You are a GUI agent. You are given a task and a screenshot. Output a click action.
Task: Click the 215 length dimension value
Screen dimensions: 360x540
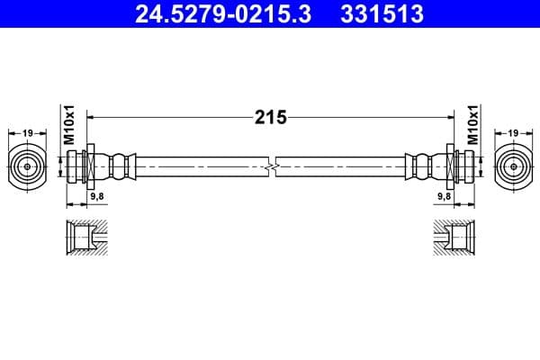click(269, 117)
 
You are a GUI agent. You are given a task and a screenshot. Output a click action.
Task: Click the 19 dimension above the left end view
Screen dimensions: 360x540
click(28, 133)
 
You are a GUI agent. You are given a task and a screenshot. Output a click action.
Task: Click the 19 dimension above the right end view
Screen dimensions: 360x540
click(512, 133)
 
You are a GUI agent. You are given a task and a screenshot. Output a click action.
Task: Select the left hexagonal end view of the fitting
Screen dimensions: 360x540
click(28, 166)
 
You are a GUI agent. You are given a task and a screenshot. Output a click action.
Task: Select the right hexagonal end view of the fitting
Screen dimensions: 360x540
click(512, 166)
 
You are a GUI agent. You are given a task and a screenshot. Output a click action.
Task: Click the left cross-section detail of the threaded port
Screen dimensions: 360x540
click(87, 238)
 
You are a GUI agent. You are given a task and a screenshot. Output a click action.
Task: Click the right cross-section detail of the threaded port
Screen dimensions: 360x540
click(453, 238)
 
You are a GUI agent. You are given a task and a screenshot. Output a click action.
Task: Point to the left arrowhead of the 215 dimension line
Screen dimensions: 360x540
click(94, 117)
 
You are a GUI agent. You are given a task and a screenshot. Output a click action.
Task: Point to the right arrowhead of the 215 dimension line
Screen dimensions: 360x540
click(446, 117)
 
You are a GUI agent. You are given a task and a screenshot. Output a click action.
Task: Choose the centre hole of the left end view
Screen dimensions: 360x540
click(28, 166)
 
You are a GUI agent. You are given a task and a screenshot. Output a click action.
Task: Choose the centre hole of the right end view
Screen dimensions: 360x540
click(512, 166)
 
